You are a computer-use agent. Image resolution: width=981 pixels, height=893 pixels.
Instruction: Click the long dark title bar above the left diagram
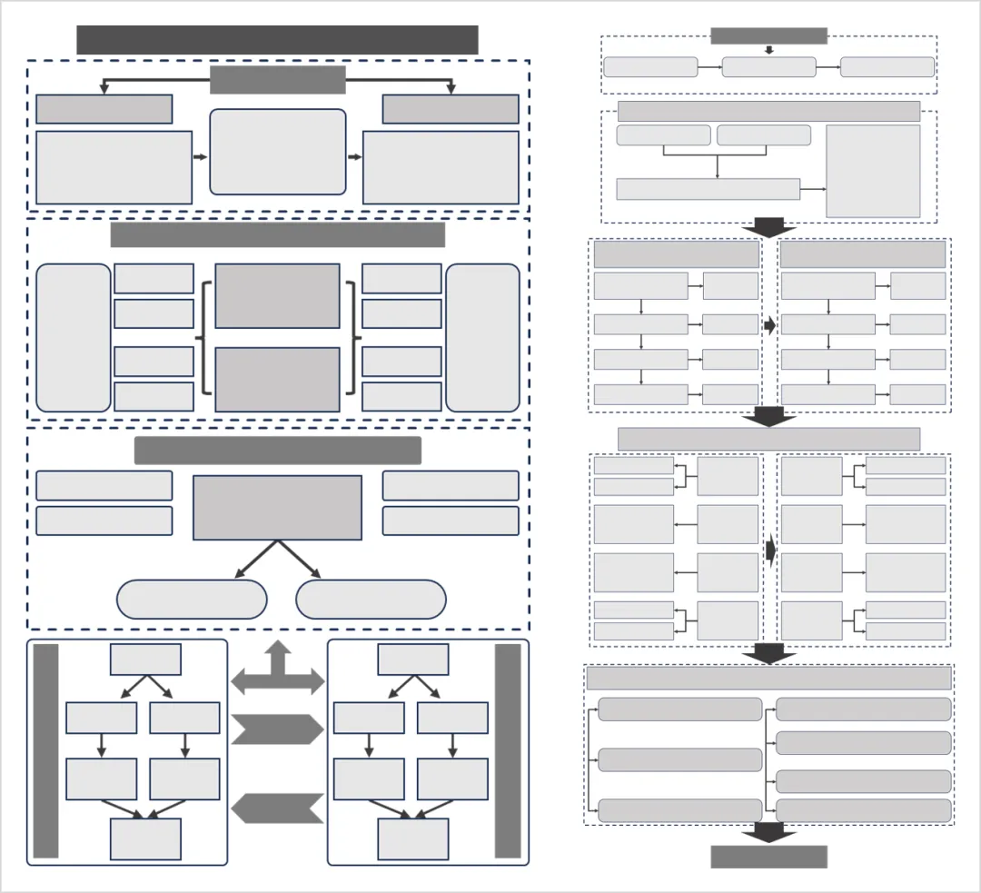click(x=277, y=40)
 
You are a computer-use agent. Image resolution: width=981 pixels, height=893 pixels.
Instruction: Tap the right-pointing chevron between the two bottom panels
click(x=277, y=729)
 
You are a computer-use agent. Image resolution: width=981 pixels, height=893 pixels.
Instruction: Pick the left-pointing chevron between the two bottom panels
click(x=277, y=808)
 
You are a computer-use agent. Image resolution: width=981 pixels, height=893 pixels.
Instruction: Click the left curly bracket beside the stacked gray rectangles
click(x=205, y=338)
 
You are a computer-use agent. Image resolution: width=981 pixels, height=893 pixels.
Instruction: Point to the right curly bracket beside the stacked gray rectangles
click(x=352, y=338)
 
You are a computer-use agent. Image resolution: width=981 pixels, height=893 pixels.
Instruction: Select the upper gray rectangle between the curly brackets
click(x=277, y=296)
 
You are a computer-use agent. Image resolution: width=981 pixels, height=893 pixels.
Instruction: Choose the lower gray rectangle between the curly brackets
click(x=277, y=379)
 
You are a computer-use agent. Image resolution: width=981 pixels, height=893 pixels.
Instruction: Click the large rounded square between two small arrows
click(x=277, y=152)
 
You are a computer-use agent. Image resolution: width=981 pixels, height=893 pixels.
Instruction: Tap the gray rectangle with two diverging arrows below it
click(x=277, y=507)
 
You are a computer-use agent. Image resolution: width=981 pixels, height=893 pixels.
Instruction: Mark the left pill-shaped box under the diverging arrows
click(x=192, y=600)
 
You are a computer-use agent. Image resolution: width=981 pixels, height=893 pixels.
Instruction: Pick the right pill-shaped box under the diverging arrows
click(x=371, y=600)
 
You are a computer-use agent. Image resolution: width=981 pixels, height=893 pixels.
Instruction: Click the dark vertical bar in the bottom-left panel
click(x=45, y=750)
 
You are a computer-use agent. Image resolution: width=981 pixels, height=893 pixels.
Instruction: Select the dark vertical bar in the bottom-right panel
click(x=508, y=750)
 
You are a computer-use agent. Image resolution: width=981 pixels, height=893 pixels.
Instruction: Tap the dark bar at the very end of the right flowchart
click(x=768, y=857)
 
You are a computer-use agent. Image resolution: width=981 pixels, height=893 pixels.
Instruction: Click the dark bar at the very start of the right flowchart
click(x=768, y=35)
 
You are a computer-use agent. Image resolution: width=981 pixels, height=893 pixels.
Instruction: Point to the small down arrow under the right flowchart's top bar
click(x=768, y=50)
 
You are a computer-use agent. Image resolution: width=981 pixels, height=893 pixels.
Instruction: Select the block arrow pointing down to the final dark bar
click(x=768, y=833)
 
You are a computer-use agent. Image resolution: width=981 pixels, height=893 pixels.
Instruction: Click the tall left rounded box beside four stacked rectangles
click(x=74, y=338)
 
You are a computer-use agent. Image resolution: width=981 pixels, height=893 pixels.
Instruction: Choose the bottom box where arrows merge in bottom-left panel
click(x=145, y=838)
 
